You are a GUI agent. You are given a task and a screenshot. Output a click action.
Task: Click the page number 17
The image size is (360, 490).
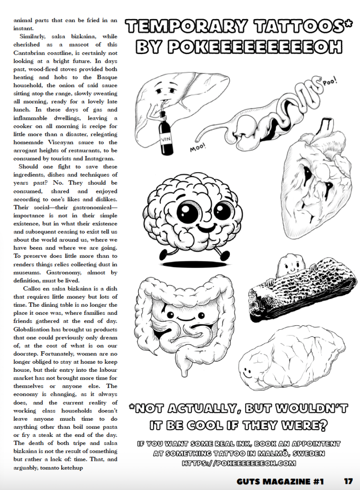348,480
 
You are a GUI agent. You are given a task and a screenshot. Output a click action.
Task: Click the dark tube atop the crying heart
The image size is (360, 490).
326,126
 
